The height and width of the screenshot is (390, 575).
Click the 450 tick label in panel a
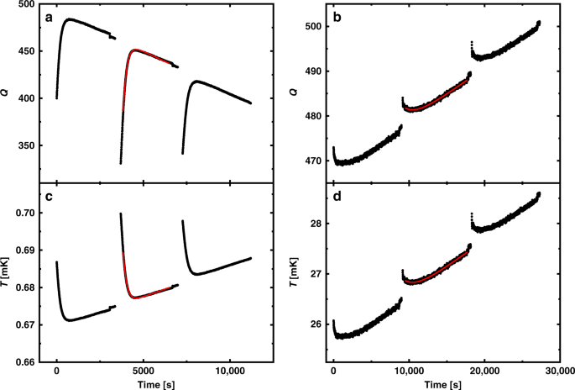pos(24,51)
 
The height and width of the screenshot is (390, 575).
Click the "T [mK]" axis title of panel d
pos(301,272)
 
